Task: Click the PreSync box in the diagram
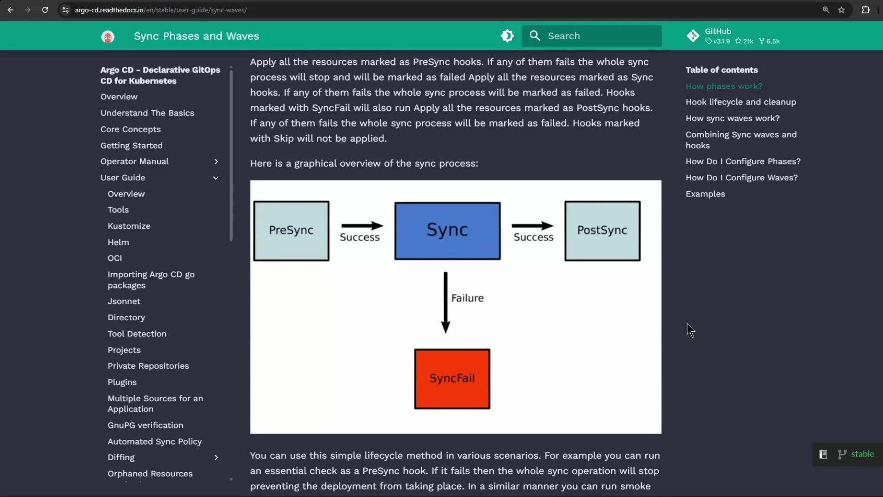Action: coord(291,231)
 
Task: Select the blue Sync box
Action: coord(447,231)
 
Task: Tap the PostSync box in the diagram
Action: coord(602,231)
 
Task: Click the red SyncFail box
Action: coord(452,379)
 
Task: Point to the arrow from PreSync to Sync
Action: coord(362,225)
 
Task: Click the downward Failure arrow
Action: coord(445,302)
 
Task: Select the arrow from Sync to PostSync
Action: coord(533,225)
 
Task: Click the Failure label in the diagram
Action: coord(467,298)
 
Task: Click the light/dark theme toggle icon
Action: coord(507,36)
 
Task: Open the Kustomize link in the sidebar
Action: coord(129,226)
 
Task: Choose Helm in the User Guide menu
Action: coord(118,242)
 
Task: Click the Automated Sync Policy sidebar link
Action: coord(155,441)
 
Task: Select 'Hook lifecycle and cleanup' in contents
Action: coord(740,102)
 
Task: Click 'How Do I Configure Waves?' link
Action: coord(741,178)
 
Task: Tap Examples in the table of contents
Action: coord(705,194)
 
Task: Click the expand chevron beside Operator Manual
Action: coord(216,162)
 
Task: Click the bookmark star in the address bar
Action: coord(841,10)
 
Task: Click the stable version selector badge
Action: coord(856,454)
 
